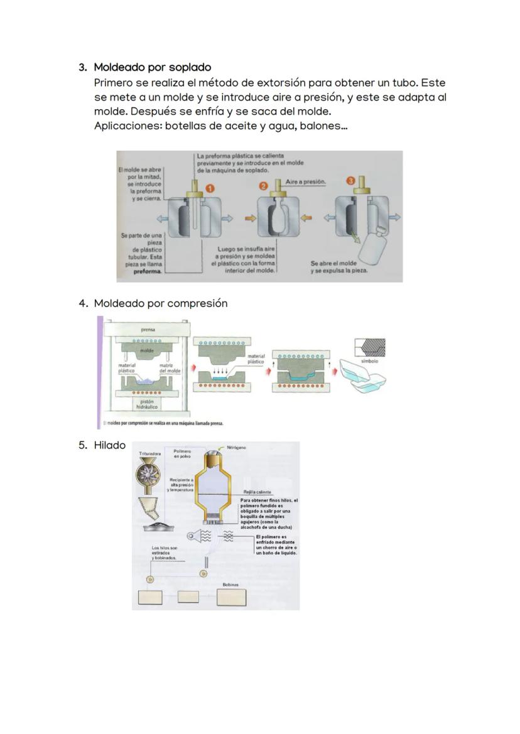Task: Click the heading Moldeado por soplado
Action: (x=152, y=67)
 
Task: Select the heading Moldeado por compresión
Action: (x=160, y=303)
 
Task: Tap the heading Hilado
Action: (x=109, y=445)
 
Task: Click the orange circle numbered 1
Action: (x=210, y=187)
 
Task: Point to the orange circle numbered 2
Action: (x=264, y=186)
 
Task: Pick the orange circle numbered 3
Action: (x=352, y=181)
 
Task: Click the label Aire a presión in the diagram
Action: (x=306, y=181)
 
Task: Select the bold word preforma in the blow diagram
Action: (x=147, y=272)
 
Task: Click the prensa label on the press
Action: (x=148, y=328)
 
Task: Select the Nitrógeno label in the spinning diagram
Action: (x=236, y=448)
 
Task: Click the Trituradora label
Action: (x=150, y=453)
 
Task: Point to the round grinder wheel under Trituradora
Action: (x=149, y=476)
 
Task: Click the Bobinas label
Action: (x=230, y=584)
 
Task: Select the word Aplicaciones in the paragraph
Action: (x=123, y=126)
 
